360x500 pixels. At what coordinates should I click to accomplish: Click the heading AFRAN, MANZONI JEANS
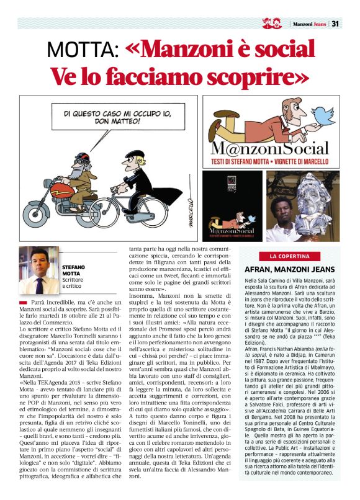pyautogui.click(x=290, y=269)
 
